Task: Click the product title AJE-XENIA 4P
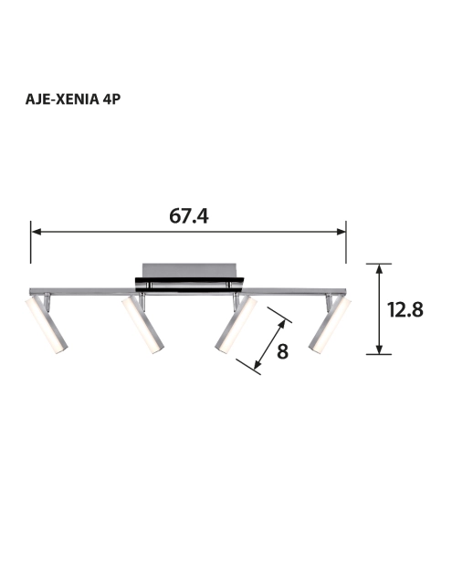73,99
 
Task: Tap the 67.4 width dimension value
189,215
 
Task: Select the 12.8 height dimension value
405,310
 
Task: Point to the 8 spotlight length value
282,351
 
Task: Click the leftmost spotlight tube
47,325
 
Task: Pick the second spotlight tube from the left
143,325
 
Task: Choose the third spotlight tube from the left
236,325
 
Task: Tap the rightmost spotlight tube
330,325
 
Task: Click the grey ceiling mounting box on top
189,270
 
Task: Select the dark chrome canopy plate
189,285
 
